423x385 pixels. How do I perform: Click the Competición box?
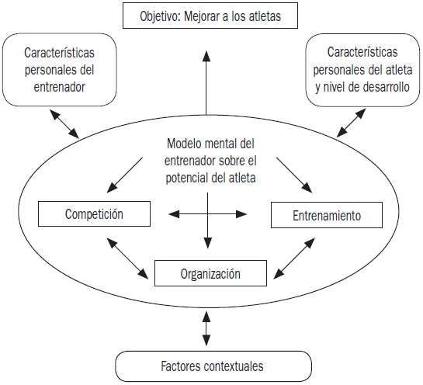tap(94, 213)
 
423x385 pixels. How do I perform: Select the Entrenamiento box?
tap(327, 215)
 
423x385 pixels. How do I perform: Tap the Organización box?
tap(210, 273)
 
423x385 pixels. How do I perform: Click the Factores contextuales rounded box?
tap(213, 366)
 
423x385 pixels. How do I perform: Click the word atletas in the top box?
tap(265, 16)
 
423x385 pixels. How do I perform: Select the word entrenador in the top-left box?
tap(59, 87)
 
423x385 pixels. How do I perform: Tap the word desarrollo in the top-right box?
tap(386, 87)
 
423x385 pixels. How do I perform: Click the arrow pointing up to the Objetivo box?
tap(206, 83)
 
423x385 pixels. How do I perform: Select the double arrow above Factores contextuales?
tap(206, 328)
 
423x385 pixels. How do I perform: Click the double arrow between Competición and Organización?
tap(127, 258)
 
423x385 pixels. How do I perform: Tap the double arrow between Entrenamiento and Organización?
tap(294, 258)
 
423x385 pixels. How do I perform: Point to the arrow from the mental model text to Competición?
tap(125, 175)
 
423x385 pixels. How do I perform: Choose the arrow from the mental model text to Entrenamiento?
tap(294, 175)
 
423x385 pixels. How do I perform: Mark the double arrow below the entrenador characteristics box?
tap(64, 123)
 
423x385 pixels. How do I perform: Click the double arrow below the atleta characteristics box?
tap(352, 123)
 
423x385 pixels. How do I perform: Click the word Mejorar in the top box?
tap(202, 16)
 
